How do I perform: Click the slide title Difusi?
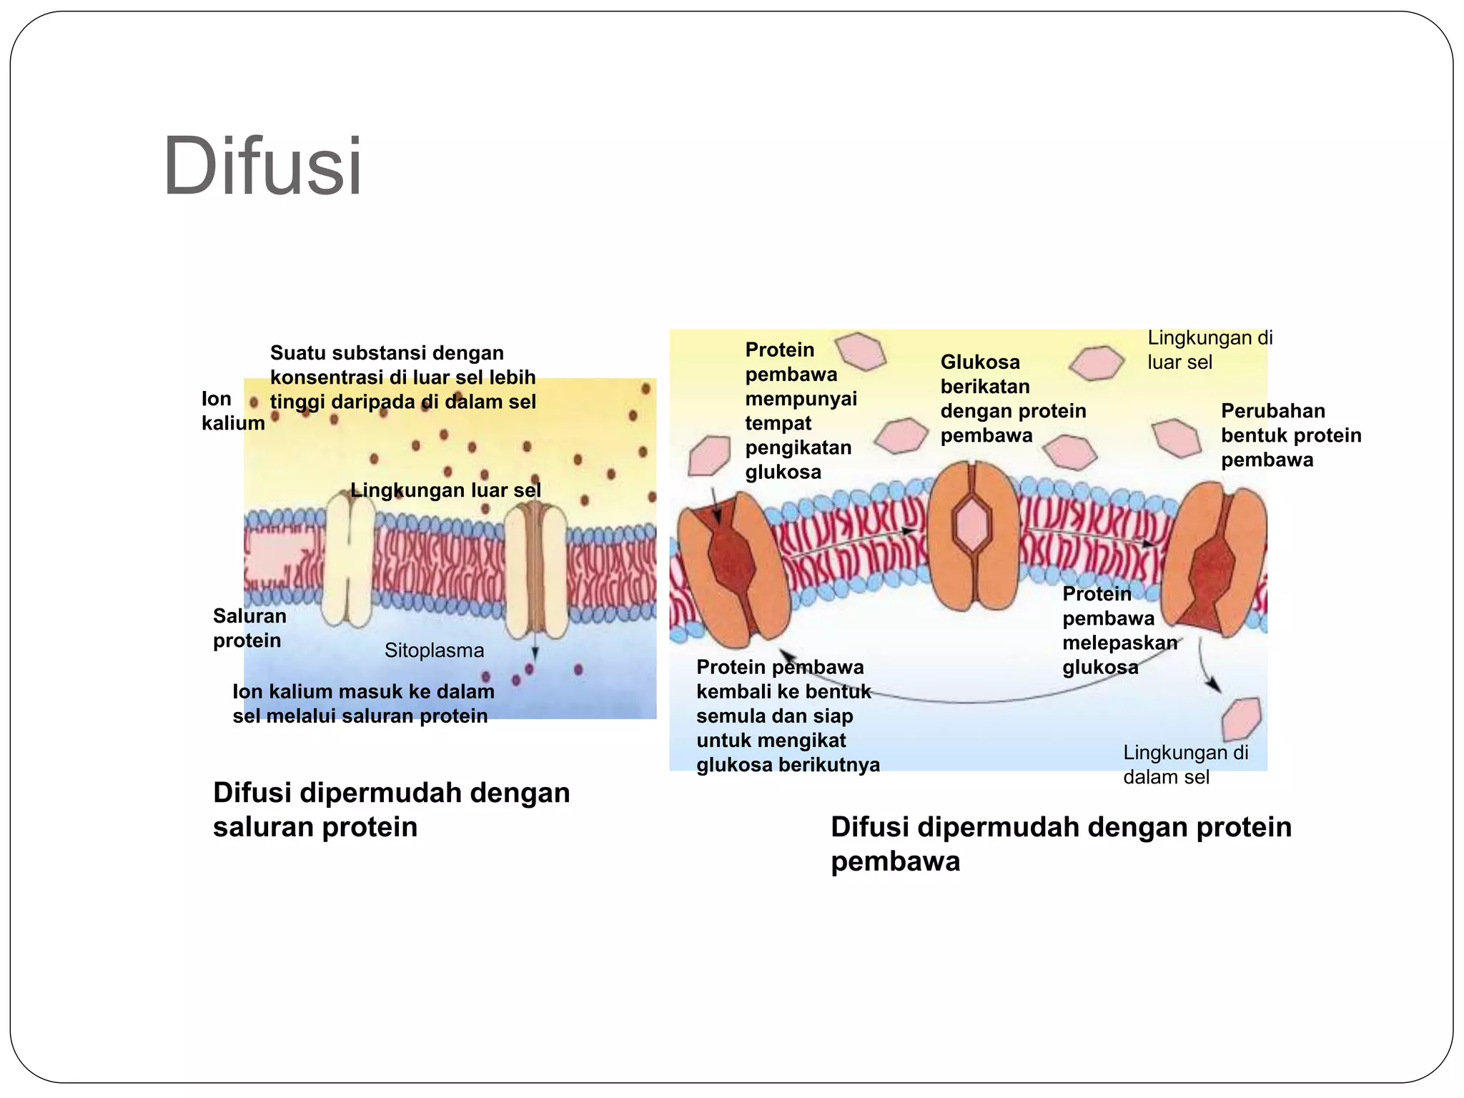pyautogui.click(x=262, y=167)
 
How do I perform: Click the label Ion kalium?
pyautogui.click(x=232, y=411)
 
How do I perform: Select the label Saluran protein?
pyautogui.click(x=249, y=628)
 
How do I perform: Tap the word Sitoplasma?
pyautogui.click(x=434, y=651)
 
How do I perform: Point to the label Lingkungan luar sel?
pyautogui.click(x=445, y=490)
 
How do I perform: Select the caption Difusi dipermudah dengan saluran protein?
pyautogui.click(x=391, y=810)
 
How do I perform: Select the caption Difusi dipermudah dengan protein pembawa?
pyautogui.click(x=1061, y=844)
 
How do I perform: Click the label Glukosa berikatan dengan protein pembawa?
pyautogui.click(x=1012, y=399)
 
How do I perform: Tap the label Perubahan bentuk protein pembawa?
pyautogui.click(x=1290, y=435)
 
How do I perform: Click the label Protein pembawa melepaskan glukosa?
pyautogui.click(x=1118, y=630)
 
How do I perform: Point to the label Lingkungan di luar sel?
pyautogui.click(x=1210, y=350)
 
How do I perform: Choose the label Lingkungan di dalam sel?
pyautogui.click(x=1185, y=765)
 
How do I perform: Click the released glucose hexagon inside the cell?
pyautogui.click(x=1241, y=718)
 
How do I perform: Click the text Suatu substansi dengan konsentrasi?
pyautogui.click(x=402, y=377)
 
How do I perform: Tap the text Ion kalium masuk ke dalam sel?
pyautogui.click(x=362, y=704)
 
